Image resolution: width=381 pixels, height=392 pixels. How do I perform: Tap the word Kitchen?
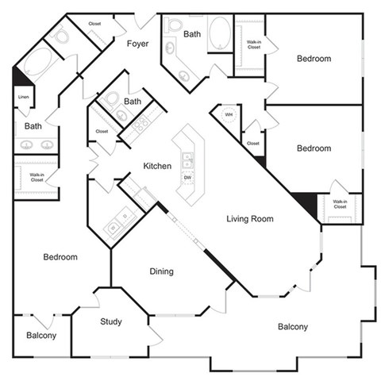coord(157,166)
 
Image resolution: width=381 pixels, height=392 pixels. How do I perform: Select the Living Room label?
coord(250,218)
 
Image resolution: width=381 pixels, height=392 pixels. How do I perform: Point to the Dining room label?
coord(161,271)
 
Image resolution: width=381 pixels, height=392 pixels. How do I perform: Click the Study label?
coord(111,321)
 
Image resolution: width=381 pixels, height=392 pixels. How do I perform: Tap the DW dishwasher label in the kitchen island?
coord(188,177)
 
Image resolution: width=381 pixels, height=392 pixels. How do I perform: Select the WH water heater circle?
coord(229,114)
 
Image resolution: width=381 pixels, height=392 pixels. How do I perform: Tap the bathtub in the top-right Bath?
coord(220,34)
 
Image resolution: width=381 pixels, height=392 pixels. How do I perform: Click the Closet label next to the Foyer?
coord(94,24)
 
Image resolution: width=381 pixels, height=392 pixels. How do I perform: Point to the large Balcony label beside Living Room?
coord(293,327)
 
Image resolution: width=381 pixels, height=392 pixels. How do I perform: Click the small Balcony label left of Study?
coord(41,336)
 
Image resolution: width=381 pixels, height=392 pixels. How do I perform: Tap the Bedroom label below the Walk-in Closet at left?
coord(60,257)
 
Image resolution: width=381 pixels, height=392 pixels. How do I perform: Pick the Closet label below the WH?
coord(253,144)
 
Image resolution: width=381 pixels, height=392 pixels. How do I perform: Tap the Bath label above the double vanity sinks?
coord(33,125)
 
